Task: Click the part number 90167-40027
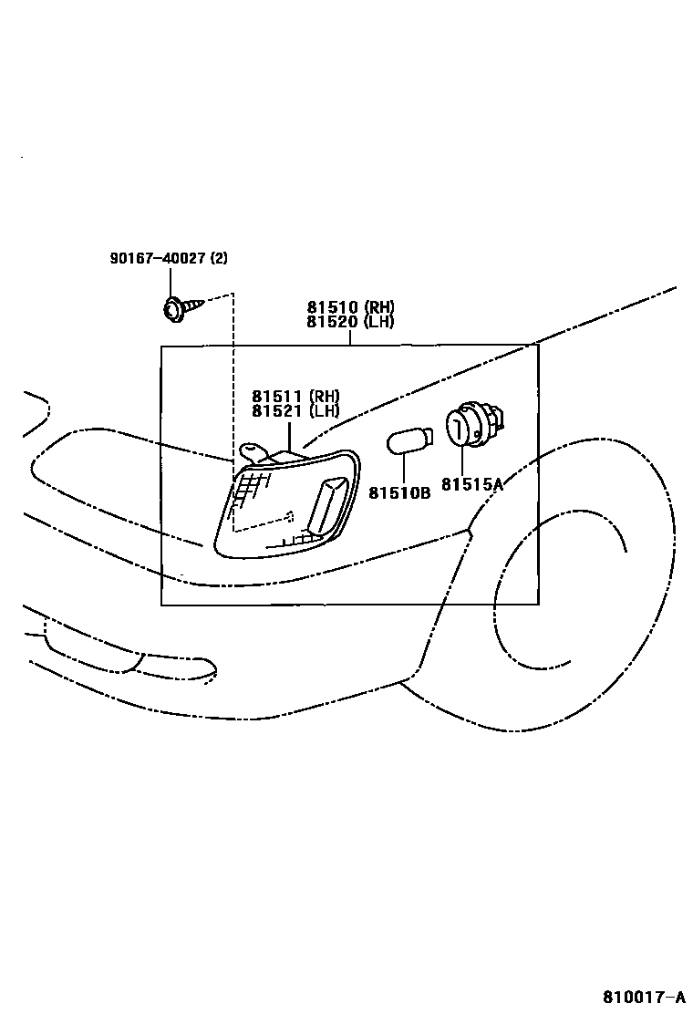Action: pyautogui.click(x=158, y=258)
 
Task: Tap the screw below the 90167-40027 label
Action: pyautogui.click(x=171, y=310)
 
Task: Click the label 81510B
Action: pyautogui.click(x=399, y=492)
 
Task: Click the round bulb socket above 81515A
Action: pyautogui.click(x=469, y=428)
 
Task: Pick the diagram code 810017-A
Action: pyautogui.click(x=642, y=996)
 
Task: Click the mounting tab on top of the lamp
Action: pyautogui.click(x=254, y=451)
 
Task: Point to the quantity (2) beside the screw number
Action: pyautogui.click(x=219, y=258)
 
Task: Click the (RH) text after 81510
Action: pyautogui.click(x=378, y=307)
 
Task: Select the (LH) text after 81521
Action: pyautogui.click(x=324, y=410)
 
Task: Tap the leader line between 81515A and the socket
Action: pyautogui.click(x=462, y=462)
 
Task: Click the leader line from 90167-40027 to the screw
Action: pyautogui.click(x=170, y=282)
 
